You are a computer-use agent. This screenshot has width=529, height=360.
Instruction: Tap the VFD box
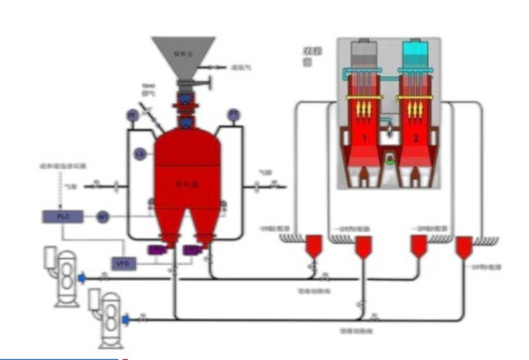(121, 262)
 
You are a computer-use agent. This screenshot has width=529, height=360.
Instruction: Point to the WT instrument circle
(103, 216)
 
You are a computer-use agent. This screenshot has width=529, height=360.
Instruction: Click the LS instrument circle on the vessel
(141, 154)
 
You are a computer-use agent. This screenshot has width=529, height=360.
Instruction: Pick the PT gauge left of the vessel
(132, 116)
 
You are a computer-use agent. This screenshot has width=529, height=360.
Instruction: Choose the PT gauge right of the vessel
(234, 115)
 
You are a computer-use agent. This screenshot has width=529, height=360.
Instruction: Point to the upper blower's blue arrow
(81, 277)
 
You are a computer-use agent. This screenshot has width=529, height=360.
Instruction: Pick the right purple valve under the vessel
(192, 250)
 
